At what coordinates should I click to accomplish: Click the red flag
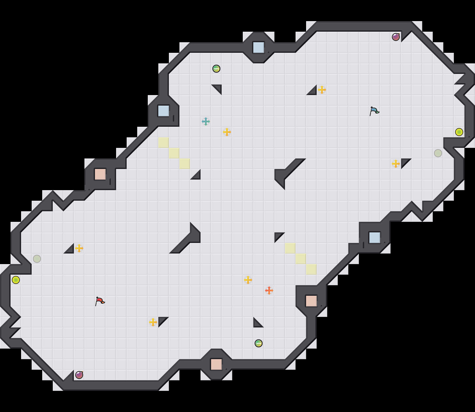[x=100, y=301]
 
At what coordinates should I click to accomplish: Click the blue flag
[x=374, y=111]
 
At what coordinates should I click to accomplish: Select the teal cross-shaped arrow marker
[x=206, y=121]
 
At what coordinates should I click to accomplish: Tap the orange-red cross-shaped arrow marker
[x=269, y=291]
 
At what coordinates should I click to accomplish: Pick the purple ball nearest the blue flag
[x=396, y=37]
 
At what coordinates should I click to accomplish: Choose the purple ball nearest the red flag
[x=79, y=375]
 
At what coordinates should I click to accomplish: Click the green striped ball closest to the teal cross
[x=216, y=69]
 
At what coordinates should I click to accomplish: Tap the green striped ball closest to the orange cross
[x=259, y=343]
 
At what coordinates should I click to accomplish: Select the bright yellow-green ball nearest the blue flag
[x=459, y=132]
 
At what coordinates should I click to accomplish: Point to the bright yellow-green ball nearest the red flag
[x=16, y=280]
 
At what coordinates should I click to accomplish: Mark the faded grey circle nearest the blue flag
[x=438, y=153]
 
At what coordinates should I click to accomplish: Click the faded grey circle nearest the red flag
[x=37, y=259]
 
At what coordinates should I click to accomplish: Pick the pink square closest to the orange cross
[x=311, y=301]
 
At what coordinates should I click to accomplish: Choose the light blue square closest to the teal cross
[x=164, y=111]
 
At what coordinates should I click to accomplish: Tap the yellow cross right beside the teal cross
[x=227, y=132]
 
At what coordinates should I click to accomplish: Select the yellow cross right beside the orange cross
[x=248, y=280]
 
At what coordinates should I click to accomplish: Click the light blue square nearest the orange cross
[x=375, y=238]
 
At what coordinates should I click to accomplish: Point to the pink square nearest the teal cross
[x=100, y=174]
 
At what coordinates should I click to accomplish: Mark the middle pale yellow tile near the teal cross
[x=174, y=153]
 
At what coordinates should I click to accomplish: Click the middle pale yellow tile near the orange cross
[x=301, y=259]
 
